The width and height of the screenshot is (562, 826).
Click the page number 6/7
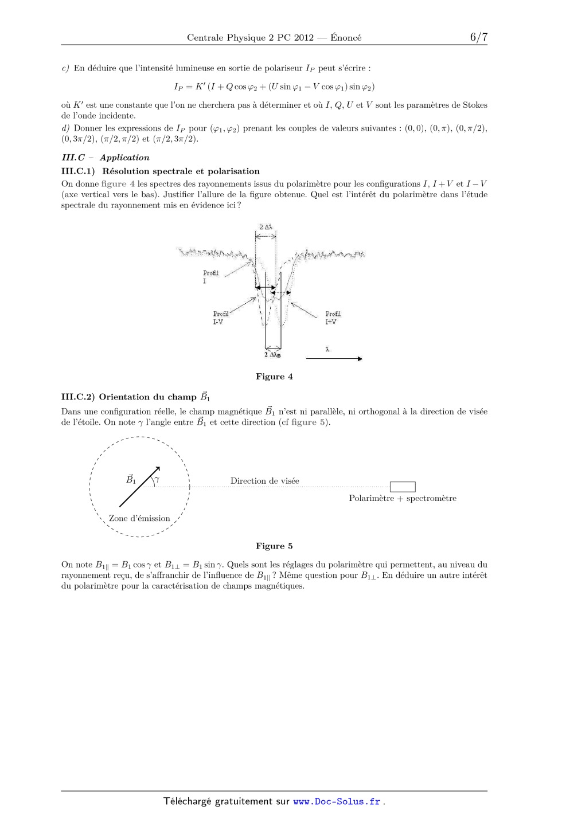point(478,37)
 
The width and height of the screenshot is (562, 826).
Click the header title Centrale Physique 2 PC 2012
point(250,38)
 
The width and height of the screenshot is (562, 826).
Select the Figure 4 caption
point(274,377)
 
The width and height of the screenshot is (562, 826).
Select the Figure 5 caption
point(274,546)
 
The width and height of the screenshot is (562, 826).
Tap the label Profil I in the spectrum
point(210,277)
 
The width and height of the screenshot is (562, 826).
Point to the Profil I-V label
point(221,318)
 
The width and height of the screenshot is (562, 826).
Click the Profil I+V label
point(333,318)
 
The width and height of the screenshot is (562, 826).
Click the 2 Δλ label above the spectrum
point(266,227)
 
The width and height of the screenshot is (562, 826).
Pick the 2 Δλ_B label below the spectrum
point(272,355)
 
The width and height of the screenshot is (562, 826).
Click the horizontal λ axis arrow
point(334,359)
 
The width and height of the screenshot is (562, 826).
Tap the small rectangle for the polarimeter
point(403,487)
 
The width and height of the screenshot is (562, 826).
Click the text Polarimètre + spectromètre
point(403,499)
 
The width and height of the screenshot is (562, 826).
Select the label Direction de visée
point(264,481)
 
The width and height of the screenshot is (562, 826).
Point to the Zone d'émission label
point(139,519)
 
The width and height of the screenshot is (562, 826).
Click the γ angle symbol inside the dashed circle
point(157,478)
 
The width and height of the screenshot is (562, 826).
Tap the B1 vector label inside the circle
point(131,479)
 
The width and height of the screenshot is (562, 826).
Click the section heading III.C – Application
point(106,158)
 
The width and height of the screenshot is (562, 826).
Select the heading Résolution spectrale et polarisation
point(181,171)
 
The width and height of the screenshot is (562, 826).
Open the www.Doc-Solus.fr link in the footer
point(337,802)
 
